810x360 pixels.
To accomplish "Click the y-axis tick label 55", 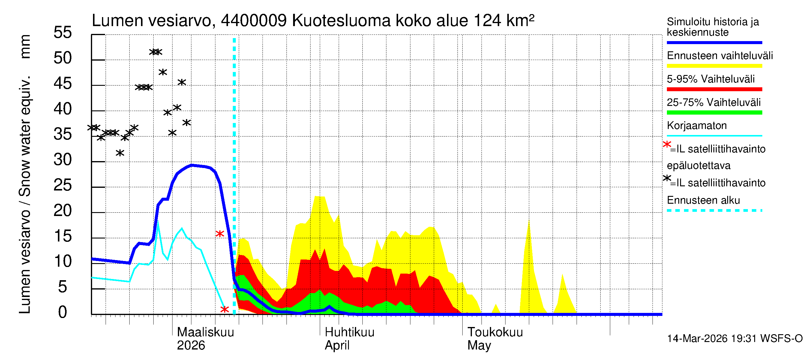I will tap(63, 33).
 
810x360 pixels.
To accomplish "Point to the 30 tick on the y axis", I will tap(63, 160).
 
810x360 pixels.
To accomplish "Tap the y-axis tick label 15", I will tap(63, 236).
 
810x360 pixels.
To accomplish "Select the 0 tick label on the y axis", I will tap(63, 313).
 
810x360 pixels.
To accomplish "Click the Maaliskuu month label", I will tap(205, 332).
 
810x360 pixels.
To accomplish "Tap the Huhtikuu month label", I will tap(349, 332).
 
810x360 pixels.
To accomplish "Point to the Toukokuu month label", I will tap(495, 332).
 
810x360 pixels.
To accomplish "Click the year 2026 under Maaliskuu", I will tap(191, 346).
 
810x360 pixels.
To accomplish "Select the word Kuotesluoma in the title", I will tap(341, 21).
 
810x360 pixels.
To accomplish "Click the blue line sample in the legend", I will tap(714, 42).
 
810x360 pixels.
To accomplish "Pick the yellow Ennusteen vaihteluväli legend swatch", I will tap(714, 66).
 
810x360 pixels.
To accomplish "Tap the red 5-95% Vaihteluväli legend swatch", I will tap(714, 89).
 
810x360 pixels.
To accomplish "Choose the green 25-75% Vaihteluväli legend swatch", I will tap(714, 112).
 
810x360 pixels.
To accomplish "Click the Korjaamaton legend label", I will tap(697, 126).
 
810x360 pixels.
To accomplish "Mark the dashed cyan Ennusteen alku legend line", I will tap(714, 210).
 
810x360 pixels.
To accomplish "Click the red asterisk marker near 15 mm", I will tap(220, 234).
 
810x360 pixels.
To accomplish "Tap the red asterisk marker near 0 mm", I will tap(224, 309).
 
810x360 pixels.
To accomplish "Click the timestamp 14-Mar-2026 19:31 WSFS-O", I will tap(734, 339).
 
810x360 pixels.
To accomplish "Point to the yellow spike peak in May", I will tap(529, 221).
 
